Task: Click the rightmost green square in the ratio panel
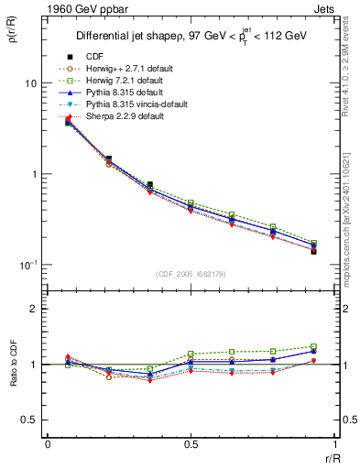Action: [x=313, y=347]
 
